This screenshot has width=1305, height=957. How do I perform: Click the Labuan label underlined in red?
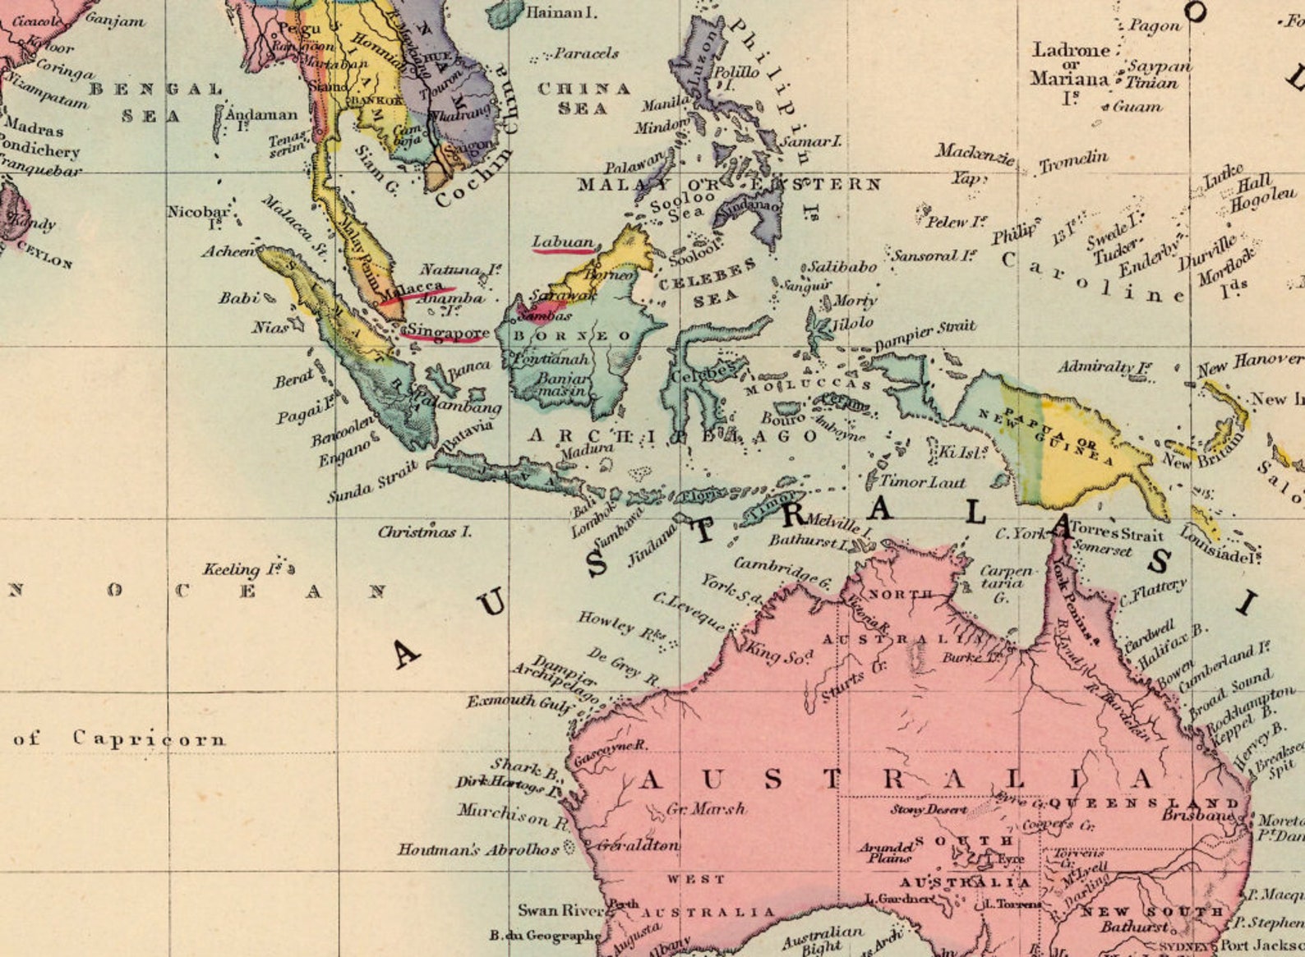(x=563, y=242)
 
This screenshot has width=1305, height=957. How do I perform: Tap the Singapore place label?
(x=449, y=332)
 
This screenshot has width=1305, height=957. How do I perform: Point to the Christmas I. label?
(x=424, y=532)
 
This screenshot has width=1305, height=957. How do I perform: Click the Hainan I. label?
(x=561, y=12)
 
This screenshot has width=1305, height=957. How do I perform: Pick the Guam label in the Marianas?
(x=1137, y=106)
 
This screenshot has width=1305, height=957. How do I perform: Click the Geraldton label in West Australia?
(x=638, y=844)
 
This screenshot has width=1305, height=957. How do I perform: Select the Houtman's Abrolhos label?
(x=478, y=849)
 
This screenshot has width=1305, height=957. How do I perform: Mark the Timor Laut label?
(x=922, y=482)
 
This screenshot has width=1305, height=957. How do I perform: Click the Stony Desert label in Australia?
(x=928, y=809)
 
